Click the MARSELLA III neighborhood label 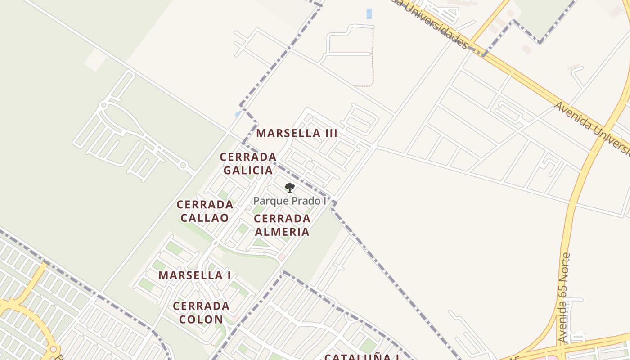pyautogui.click(x=297, y=134)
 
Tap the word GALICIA pyautogui.click(x=248, y=171)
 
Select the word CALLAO pyautogui.click(x=205, y=218)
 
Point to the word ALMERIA pyautogui.click(x=282, y=232)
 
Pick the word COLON pyautogui.click(x=201, y=319)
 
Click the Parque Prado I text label pyautogui.click(x=290, y=201)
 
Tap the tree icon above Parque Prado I pyautogui.click(x=290, y=188)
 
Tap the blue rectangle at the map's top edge pyautogui.click(x=369, y=13)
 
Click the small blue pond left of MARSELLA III pyautogui.click(x=238, y=114)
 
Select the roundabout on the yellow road pyautogui.click(x=54, y=349)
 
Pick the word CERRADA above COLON pyautogui.click(x=201, y=306)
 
